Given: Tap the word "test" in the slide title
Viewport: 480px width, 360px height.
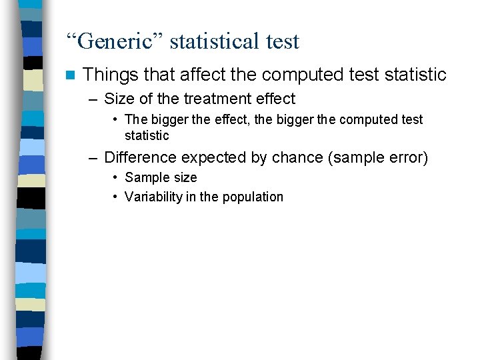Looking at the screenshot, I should tap(283, 41).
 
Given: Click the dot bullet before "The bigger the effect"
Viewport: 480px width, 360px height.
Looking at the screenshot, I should tap(115, 119).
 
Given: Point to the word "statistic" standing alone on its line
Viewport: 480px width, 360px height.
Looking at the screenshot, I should tap(147, 135).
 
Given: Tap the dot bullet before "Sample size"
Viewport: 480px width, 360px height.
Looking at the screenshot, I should tap(115, 177).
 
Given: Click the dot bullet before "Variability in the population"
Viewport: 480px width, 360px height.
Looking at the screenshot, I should tap(115, 197).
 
